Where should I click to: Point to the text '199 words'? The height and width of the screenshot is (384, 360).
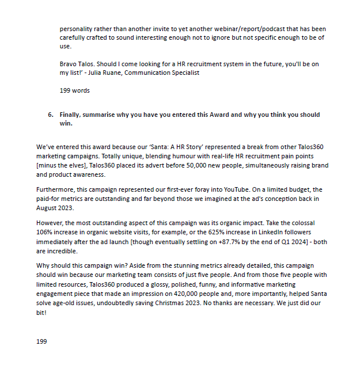pos(75,90)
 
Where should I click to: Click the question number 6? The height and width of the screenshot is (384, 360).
pos(50,115)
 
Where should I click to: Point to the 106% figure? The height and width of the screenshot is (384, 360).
pos(44,233)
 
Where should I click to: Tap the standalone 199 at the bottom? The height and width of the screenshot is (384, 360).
pos(41,341)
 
